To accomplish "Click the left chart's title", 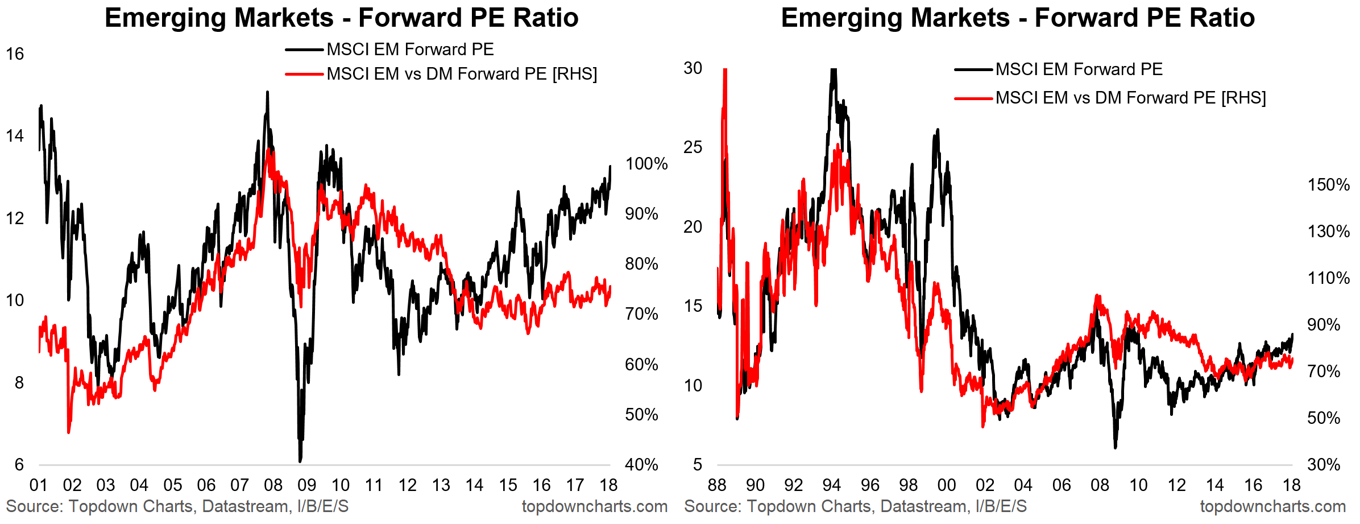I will (x=341, y=18).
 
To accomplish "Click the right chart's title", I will (x=1017, y=18).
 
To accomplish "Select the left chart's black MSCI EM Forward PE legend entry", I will (x=409, y=49).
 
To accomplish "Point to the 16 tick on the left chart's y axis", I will (x=15, y=54).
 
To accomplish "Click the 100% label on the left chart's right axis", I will (x=646, y=164).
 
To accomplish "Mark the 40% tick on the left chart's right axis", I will (x=641, y=465).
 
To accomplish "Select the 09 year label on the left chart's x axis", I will (x=307, y=485).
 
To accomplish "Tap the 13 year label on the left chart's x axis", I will (x=441, y=485).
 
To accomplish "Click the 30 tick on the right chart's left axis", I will (x=693, y=68).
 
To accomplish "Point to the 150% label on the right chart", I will (x=1328, y=185).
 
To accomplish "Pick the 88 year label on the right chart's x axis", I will (x=717, y=485).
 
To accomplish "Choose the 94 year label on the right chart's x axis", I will (x=832, y=485).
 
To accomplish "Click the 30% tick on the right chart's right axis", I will (x=1324, y=465).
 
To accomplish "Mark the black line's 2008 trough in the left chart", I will (x=300, y=460).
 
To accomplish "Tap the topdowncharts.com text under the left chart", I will (x=594, y=506).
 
